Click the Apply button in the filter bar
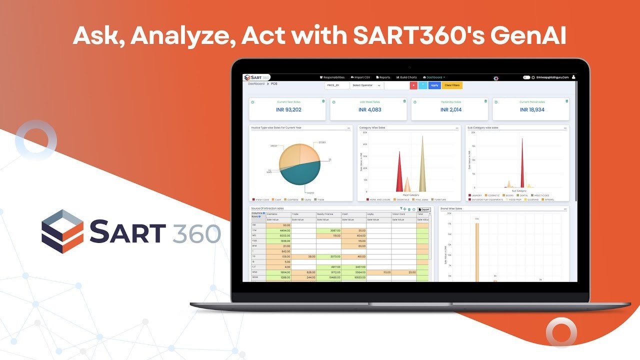point(434,85)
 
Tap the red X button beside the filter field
point(413,85)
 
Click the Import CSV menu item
point(360,77)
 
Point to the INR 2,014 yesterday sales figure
point(451,109)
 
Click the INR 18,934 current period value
point(532,109)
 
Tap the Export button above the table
point(423,209)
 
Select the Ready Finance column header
point(325,214)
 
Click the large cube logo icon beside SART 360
point(62,231)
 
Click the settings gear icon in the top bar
point(495,78)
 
